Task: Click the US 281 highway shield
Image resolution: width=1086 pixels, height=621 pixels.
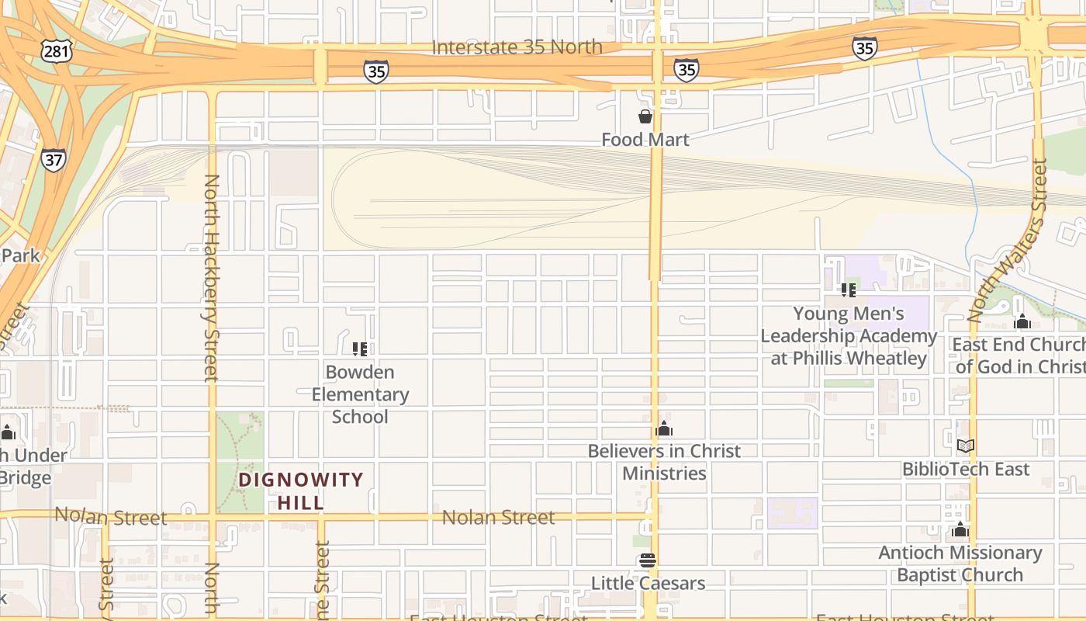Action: (x=58, y=52)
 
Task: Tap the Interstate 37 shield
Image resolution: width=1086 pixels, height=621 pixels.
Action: (x=54, y=160)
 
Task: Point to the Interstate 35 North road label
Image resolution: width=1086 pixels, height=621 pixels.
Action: (x=517, y=47)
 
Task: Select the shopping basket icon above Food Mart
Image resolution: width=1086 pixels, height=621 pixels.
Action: (x=645, y=116)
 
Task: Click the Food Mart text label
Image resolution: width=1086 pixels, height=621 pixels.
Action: (x=645, y=140)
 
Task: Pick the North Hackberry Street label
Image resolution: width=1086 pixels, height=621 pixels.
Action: (x=212, y=278)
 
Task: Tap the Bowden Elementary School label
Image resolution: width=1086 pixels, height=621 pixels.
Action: (x=360, y=394)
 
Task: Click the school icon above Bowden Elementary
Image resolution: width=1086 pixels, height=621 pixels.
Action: (x=360, y=349)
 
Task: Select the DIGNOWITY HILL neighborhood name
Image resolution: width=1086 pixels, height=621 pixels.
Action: (x=301, y=491)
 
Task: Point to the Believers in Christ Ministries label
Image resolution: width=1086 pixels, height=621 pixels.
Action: (x=664, y=462)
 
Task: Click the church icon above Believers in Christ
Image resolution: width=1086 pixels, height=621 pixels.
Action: (x=664, y=428)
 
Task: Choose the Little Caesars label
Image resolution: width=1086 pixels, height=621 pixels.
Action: (x=648, y=583)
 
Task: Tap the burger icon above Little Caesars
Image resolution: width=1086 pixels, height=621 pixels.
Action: (x=648, y=560)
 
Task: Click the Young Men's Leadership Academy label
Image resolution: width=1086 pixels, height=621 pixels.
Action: (x=849, y=336)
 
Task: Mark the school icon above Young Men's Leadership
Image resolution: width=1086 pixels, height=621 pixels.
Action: (x=849, y=290)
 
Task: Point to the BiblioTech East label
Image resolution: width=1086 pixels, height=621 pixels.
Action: (x=966, y=470)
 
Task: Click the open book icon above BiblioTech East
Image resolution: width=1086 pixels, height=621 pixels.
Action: (x=966, y=446)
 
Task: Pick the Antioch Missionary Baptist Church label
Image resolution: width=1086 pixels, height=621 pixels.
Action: (x=960, y=564)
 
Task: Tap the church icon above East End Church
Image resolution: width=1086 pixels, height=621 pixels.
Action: (x=1022, y=322)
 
